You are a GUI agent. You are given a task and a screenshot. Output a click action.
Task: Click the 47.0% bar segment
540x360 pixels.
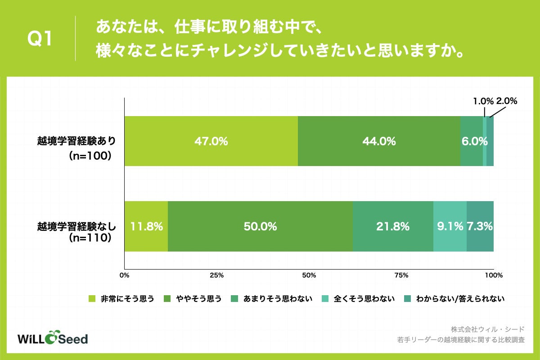click(x=211, y=141)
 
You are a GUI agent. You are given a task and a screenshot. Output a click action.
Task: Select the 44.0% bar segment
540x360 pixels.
click(x=379, y=141)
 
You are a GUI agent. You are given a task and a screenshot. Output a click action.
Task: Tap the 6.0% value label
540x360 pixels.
click(x=474, y=141)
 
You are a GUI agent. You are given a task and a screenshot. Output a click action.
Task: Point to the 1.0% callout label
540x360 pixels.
click(x=483, y=101)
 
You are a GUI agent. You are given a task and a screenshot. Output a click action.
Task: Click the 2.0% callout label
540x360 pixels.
click(x=507, y=101)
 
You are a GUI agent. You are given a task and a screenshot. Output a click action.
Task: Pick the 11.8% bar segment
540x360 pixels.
click(x=146, y=226)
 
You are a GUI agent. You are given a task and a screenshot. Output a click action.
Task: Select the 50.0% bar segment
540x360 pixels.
click(x=260, y=226)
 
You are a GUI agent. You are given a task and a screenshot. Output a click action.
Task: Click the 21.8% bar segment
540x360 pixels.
click(x=393, y=226)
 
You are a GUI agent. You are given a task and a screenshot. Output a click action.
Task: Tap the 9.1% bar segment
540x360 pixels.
click(x=450, y=226)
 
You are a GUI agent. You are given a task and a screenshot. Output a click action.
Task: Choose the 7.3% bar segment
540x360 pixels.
click(x=480, y=226)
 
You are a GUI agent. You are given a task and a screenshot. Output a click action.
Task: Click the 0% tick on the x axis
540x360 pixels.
click(x=124, y=275)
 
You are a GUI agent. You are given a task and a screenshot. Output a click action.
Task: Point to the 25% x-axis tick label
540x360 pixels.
click(x=217, y=275)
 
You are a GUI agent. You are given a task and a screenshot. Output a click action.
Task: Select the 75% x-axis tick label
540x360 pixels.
click(x=401, y=275)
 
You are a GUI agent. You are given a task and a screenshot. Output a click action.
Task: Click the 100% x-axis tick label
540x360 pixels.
click(x=494, y=275)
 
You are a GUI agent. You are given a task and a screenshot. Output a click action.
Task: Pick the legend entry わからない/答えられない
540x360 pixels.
click(x=460, y=298)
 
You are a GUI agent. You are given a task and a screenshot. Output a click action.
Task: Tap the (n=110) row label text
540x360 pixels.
click(x=90, y=238)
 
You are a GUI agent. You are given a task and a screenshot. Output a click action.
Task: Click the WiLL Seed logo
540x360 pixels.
click(x=52, y=338)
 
